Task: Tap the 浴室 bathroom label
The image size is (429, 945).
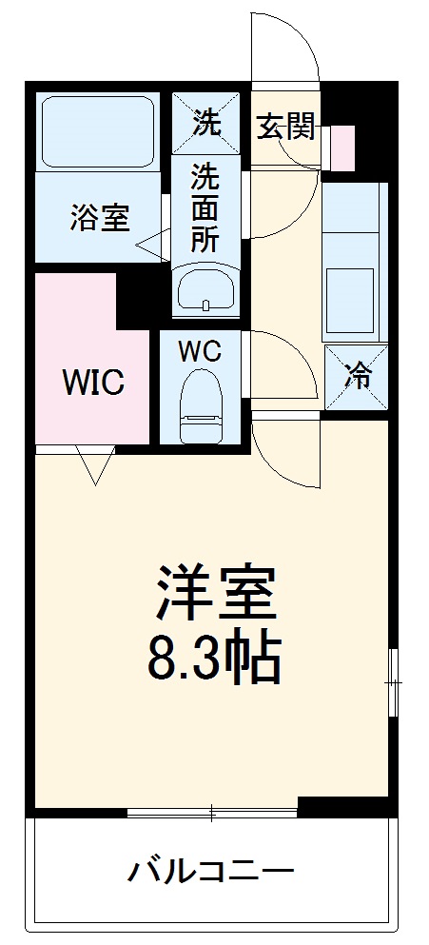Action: click(x=99, y=218)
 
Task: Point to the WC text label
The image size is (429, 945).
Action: click(x=200, y=351)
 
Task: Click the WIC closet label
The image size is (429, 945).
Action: click(x=93, y=383)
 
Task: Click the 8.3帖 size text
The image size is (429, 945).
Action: click(x=215, y=659)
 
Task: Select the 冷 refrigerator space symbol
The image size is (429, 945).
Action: click(x=357, y=377)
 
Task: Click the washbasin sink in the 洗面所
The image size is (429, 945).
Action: click(x=205, y=288)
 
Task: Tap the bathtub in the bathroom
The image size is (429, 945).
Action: click(x=99, y=132)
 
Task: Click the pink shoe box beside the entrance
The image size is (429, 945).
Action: click(x=341, y=146)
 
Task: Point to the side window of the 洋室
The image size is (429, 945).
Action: click(x=393, y=681)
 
